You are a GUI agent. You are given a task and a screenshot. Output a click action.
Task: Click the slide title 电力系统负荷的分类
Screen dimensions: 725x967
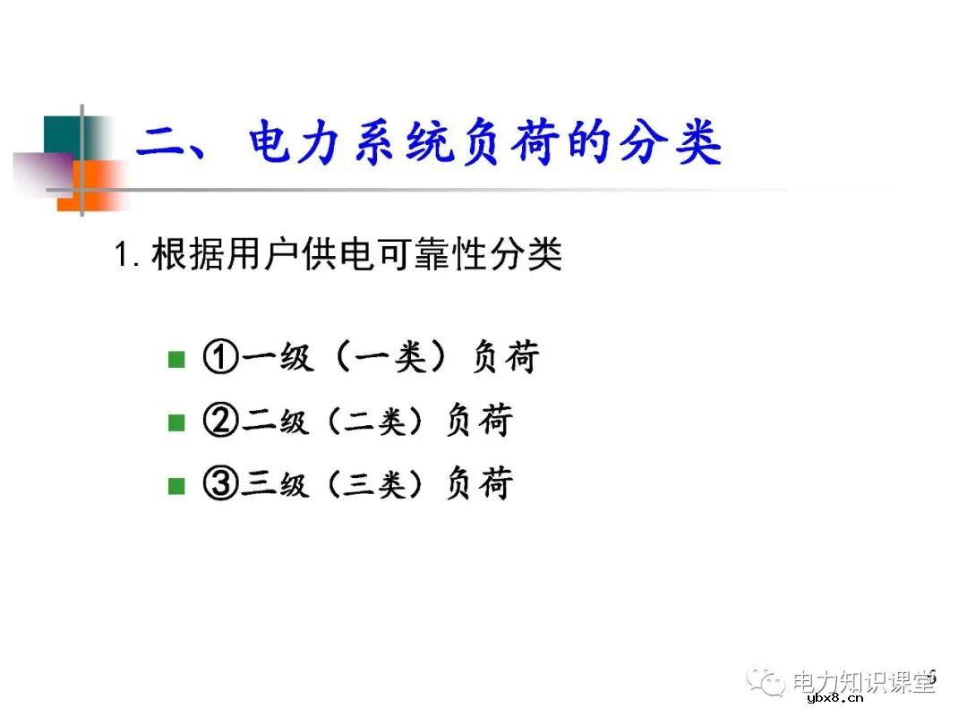483,145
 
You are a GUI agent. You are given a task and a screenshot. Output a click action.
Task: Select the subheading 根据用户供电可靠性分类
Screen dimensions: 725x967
356,256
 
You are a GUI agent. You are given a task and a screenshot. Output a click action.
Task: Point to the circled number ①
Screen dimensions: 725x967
220,359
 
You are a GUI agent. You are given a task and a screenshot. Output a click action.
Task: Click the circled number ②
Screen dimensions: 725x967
220,421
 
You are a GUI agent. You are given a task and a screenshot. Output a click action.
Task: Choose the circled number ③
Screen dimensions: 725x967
220,484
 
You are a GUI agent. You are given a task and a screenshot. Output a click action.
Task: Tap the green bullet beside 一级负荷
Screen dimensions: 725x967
176,360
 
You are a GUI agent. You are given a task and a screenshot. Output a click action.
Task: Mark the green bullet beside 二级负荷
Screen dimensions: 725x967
176,422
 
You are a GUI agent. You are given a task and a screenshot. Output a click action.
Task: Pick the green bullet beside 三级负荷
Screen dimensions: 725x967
176,486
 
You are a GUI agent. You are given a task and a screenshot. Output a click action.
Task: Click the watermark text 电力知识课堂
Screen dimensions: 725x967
863,683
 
